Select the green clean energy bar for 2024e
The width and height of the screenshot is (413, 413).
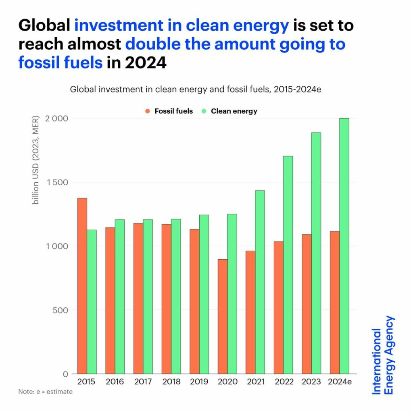(x=344, y=246)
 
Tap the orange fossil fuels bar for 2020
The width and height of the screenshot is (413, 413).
(x=223, y=316)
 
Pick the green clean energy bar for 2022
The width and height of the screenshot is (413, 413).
(x=288, y=265)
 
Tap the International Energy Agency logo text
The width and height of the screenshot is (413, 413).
(x=383, y=355)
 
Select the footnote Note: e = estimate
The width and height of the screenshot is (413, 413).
(x=46, y=392)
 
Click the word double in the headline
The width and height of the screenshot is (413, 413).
(x=151, y=44)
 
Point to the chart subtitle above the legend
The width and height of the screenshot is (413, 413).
(x=196, y=89)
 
